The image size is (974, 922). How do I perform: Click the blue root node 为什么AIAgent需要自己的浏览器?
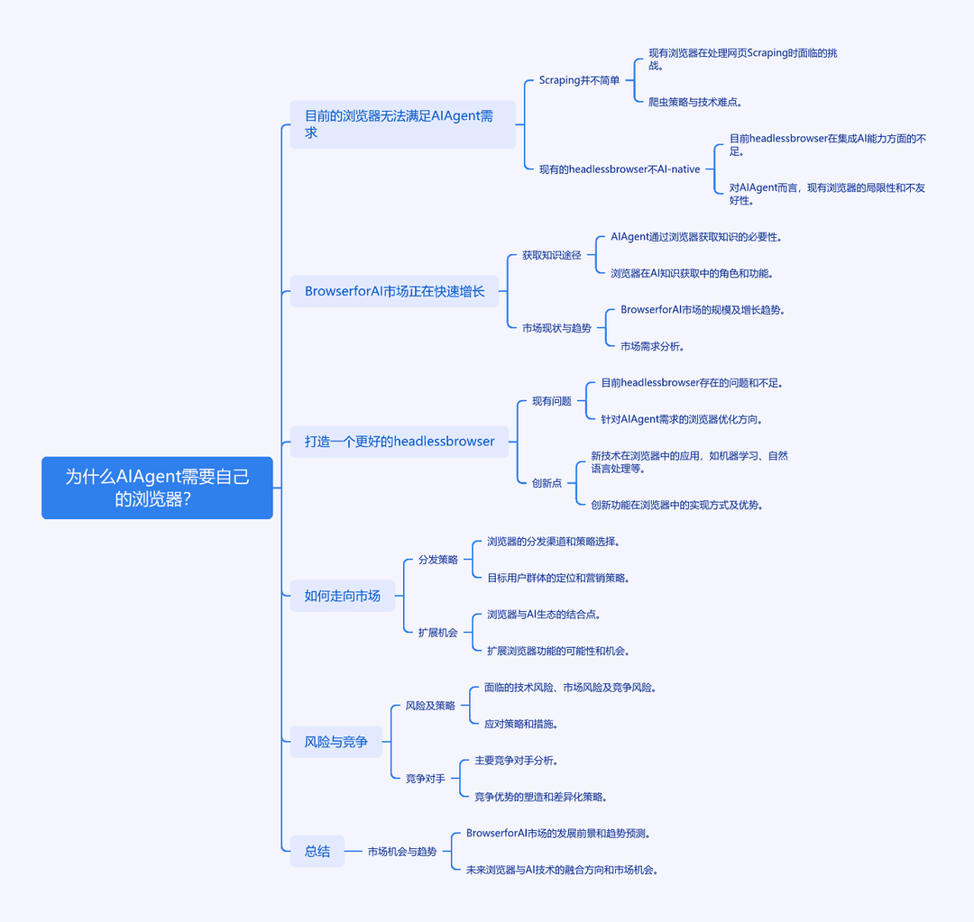[x=157, y=488]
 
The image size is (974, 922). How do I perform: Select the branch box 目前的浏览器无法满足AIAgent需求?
[x=402, y=124]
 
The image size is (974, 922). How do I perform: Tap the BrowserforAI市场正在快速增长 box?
[x=394, y=291]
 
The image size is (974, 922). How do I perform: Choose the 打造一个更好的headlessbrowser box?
[x=400, y=442]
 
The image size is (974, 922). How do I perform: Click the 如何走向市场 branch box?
[x=343, y=596]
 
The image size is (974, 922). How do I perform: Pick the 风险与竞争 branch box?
[x=336, y=742]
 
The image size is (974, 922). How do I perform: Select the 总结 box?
[x=317, y=851]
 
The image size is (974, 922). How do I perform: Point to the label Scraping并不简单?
[x=579, y=80]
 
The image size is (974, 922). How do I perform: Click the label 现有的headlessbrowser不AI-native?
[x=620, y=169]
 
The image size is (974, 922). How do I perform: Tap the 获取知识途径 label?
[x=552, y=255]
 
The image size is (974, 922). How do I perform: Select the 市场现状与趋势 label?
[x=556, y=328]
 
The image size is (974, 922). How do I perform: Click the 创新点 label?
[x=547, y=483]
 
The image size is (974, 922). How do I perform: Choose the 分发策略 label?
[x=438, y=560]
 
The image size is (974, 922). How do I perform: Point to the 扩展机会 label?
[x=438, y=633]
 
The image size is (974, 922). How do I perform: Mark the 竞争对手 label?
[x=426, y=779]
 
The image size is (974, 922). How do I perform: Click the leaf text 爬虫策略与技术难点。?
[x=695, y=102]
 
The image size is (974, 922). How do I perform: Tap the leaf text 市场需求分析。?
[x=652, y=346]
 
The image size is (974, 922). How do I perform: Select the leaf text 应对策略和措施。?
[x=520, y=724]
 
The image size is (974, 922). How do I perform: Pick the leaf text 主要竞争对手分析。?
[x=516, y=761]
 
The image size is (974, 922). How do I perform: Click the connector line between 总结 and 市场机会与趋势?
[x=354, y=851]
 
